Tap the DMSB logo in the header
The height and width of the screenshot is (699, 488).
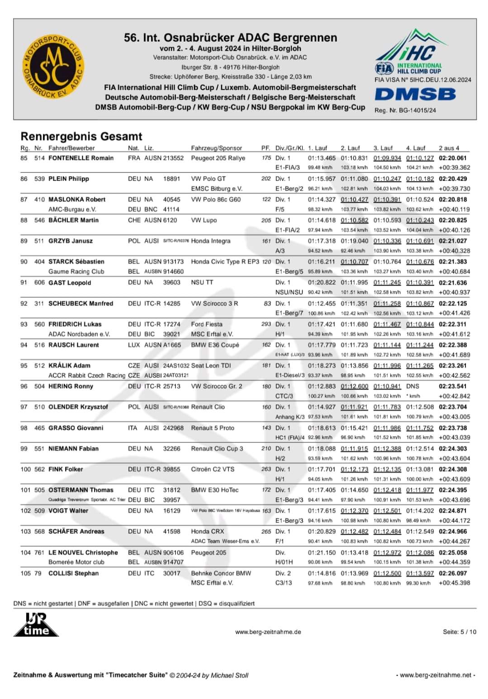click(x=415, y=94)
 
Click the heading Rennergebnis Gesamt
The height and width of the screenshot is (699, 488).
click(x=81, y=136)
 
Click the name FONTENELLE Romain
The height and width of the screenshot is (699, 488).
click(x=81, y=158)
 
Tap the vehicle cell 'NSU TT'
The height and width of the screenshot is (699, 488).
click(x=202, y=282)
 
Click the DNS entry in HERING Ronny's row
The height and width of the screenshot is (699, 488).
click(x=412, y=386)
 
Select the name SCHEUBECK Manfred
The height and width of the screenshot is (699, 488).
click(x=81, y=303)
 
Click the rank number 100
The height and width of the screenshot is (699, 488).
click(x=25, y=469)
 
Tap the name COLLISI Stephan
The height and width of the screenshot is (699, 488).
click(x=73, y=573)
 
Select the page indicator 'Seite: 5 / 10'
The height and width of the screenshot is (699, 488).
click(x=459, y=632)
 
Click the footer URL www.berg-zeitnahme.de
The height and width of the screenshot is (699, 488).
click(x=268, y=632)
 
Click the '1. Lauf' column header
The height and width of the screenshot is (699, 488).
click(x=317, y=148)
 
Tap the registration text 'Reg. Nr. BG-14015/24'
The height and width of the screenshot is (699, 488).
click(x=405, y=110)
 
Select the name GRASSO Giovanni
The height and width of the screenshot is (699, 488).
click(x=76, y=428)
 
